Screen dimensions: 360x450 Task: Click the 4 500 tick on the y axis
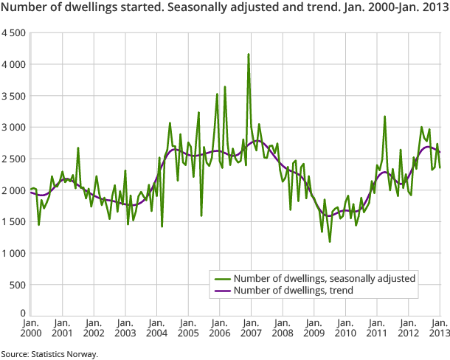click(x=13, y=33)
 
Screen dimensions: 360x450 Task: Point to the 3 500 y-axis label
click(x=13, y=96)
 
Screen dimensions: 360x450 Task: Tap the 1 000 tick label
click(x=13, y=253)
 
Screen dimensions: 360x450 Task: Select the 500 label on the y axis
click(x=18, y=285)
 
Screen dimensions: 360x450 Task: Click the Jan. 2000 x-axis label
click(x=30, y=328)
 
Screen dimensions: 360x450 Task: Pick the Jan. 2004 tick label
click(x=156, y=328)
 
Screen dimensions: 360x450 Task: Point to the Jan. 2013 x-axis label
click(x=440, y=328)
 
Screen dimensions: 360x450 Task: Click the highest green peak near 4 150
click(x=249, y=54)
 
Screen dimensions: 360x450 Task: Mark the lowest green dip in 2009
click(x=330, y=241)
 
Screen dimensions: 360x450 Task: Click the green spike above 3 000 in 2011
click(x=385, y=117)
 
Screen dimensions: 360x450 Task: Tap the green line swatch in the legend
click(x=221, y=279)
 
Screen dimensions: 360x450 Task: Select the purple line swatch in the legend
click(x=221, y=291)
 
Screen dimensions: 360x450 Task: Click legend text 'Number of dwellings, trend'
click(x=293, y=291)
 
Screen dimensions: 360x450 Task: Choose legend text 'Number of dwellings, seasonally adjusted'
click(x=325, y=279)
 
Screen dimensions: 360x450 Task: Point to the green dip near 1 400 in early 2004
click(x=162, y=226)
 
